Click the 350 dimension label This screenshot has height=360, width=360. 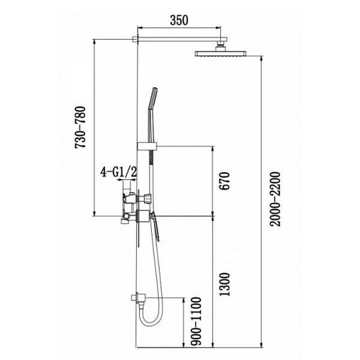pyautogui.click(x=179, y=20)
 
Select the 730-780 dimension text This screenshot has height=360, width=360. pyautogui.click(x=80, y=127)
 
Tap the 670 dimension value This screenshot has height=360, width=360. pyautogui.click(x=225, y=181)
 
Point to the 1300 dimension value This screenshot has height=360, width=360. pyautogui.click(x=225, y=284)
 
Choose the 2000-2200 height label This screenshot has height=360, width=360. pyautogui.click(x=275, y=199)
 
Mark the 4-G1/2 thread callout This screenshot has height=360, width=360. pyautogui.click(x=119, y=172)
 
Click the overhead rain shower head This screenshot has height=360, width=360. pyautogui.click(x=221, y=53)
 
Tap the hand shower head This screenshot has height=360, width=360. pyautogui.click(x=153, y=99)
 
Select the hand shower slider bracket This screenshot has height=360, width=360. pyautogui.click(x=147, y=146)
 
